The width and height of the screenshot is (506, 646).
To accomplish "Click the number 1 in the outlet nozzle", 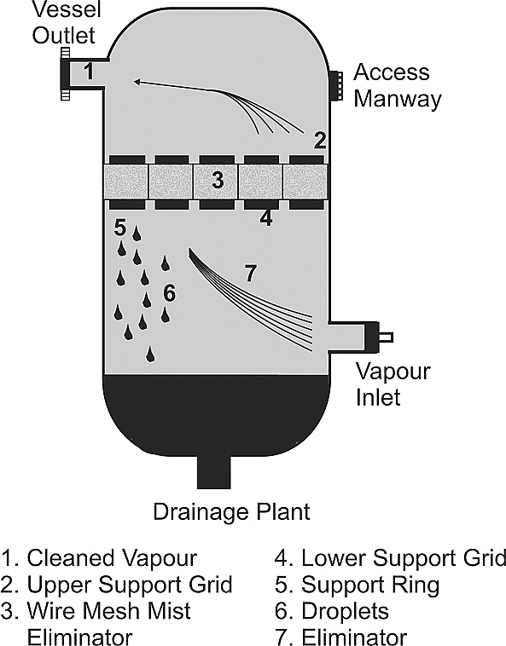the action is click(x=89, y=72).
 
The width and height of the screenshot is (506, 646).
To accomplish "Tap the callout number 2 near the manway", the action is click(x=320, y=140).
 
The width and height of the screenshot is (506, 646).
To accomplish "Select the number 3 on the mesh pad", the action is click(x=218, y=180).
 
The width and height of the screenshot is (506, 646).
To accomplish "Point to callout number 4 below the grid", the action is click(x=266, y=218).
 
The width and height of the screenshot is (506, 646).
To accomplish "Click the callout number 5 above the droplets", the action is click(x=119, y=228).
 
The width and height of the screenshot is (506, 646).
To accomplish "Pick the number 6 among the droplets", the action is click(x=169, y=293).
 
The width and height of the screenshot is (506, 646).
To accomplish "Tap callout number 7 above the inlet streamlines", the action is click(x=251, y=274).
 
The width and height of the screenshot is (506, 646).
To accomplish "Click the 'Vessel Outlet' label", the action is click(x=67, y=22).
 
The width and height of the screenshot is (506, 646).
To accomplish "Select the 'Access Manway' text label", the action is click(x=398, y=85).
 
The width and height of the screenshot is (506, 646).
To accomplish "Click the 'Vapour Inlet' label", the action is click(x=393, y=384).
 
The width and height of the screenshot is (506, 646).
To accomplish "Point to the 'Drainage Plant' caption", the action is click(x=231, y=511).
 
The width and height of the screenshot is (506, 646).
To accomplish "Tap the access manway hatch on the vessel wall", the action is click(x=336, y=86).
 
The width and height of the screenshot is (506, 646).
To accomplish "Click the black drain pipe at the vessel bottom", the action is click(x=213, y=471).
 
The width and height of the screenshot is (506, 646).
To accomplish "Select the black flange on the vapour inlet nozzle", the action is click(x=370, y=337).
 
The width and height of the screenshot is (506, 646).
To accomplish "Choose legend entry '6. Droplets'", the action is click(x=332, y=611).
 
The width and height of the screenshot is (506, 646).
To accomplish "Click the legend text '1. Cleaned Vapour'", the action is click(x=99, y=558).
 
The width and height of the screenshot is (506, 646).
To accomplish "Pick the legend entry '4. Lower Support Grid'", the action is click(x=390, y=558).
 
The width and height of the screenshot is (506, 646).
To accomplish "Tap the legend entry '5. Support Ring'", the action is click(x=358, y=585).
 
